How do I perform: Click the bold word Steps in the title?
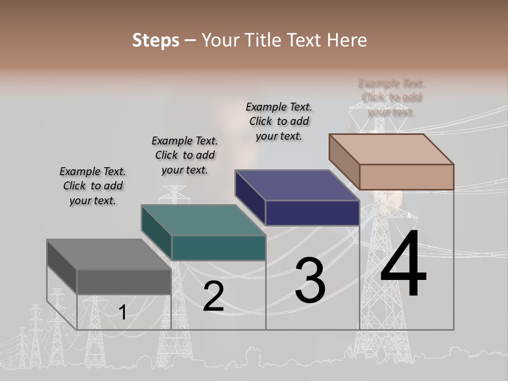(156, 40)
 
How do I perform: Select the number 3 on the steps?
(310, 280)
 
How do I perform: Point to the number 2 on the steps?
(213, 296)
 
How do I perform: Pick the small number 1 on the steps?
(122, 313)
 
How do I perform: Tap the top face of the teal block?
(203, 220)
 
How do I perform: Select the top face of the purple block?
(297, 185)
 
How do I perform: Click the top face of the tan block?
(392, 149)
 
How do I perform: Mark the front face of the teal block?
(219, 248)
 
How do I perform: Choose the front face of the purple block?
(312, 213)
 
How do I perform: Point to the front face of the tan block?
(406, 177)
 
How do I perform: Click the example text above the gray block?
(93, 186)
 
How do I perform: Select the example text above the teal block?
(185, 156)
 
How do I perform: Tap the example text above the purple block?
(279, 121)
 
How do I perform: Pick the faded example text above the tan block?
(392, 98)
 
